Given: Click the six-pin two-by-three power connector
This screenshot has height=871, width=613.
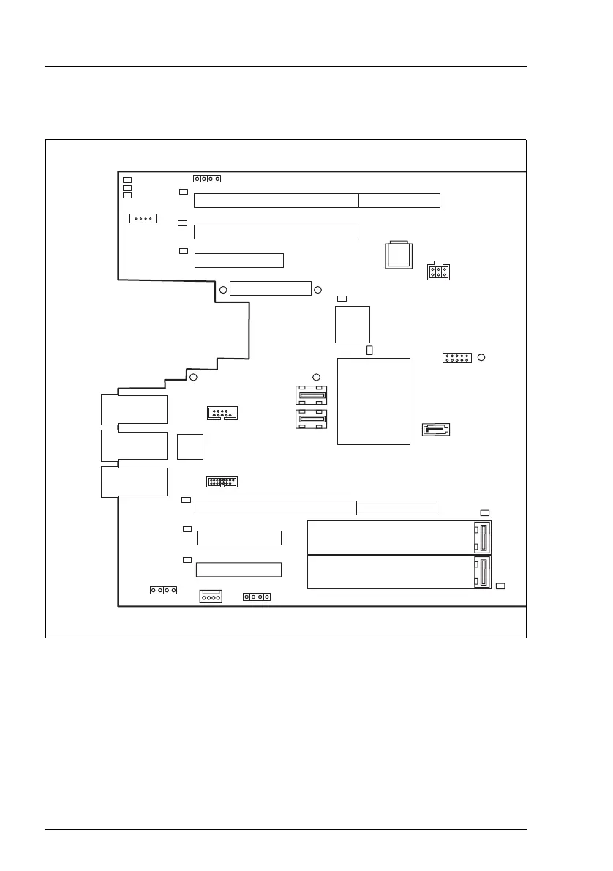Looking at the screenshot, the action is tap(438, 271).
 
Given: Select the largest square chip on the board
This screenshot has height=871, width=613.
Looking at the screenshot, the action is tap(373, 400).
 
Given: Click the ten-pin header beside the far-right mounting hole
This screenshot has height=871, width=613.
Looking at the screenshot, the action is tap(456, 358).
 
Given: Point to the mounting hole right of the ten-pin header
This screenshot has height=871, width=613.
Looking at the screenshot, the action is tap(481, 357).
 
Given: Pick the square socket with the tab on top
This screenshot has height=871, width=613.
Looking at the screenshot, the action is tap(399, 255).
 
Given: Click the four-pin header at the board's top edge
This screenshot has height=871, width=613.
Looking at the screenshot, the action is tap(207, 179).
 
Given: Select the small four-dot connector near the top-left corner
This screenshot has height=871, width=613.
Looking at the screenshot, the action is tap(142, 219).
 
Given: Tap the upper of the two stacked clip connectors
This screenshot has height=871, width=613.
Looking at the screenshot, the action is tap(312, 396).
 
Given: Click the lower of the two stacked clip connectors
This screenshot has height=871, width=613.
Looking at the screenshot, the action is tap(312, 420).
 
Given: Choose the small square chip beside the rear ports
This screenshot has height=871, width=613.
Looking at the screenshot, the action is tap(190, 446).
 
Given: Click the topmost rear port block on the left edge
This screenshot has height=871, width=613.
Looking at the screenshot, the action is tap(135, 409).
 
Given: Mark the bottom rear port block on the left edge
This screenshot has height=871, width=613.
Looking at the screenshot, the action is tap(135, 482).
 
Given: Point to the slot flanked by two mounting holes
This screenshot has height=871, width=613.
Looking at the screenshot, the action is tap(270, 288).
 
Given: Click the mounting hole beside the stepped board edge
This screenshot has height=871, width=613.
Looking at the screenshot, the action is tap(193, 378).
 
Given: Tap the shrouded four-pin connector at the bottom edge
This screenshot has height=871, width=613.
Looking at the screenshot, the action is tap(211, 597).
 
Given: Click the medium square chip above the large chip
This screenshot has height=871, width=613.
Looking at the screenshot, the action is tap(353, 324).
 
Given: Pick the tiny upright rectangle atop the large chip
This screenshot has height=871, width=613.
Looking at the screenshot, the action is tap(369, 351).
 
